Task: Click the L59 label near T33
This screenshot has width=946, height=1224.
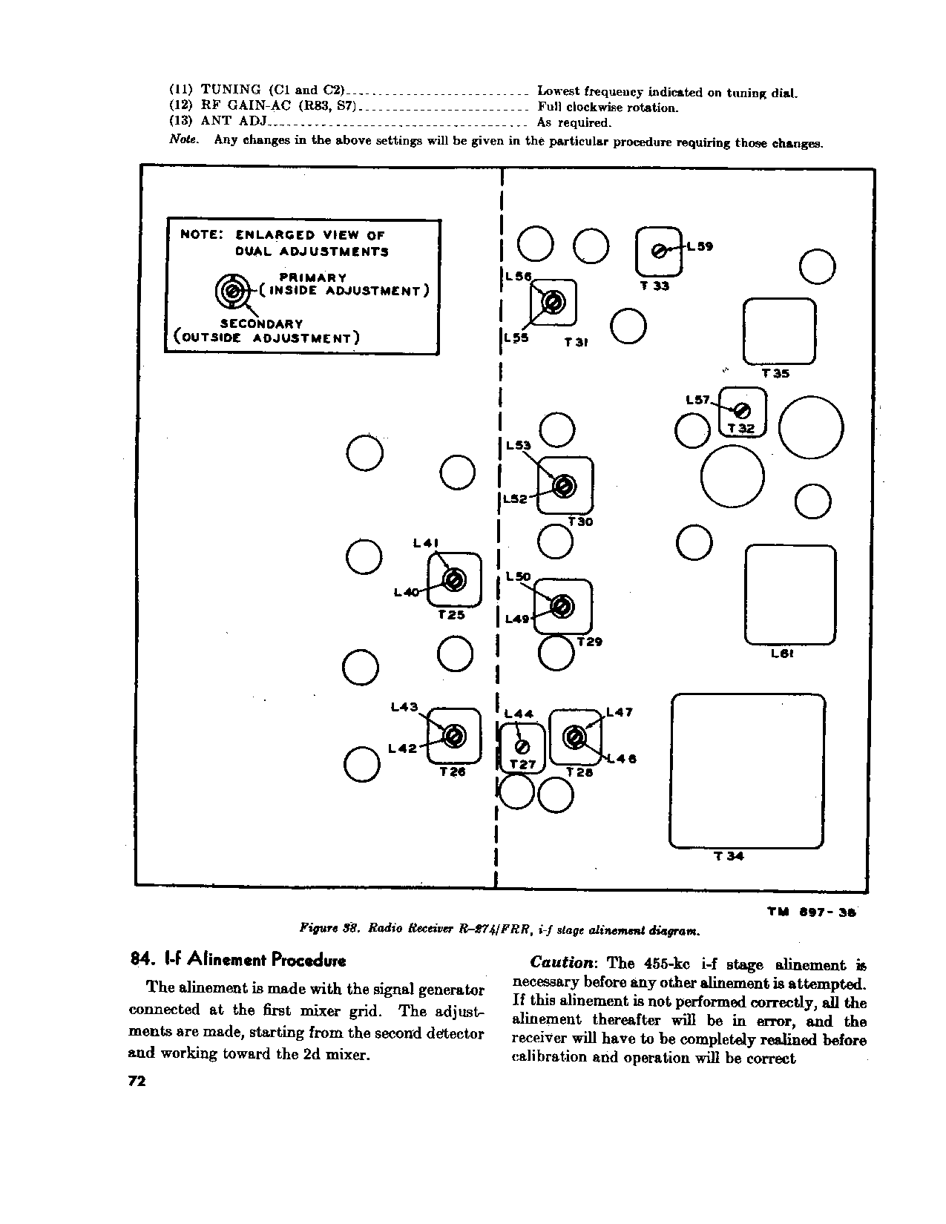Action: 700,247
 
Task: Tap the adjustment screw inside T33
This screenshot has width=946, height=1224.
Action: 658,251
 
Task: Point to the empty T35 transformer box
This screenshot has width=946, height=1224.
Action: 779,332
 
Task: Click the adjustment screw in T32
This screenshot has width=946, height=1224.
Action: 741,410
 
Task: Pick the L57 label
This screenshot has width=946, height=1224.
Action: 699,401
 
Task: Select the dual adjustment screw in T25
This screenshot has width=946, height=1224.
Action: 453,579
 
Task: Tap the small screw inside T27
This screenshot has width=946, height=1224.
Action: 522,746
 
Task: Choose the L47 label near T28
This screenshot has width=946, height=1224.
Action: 620,713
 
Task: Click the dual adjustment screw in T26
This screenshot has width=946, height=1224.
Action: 453,736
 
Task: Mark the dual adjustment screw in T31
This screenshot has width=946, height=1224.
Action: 553,302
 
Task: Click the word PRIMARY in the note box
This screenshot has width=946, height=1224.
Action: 312,277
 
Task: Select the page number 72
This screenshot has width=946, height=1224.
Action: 138,1082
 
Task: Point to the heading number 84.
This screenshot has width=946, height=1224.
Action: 141,959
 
